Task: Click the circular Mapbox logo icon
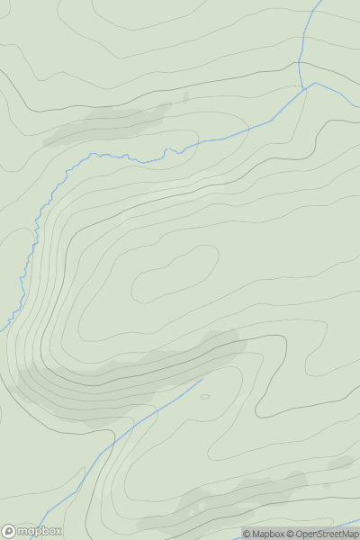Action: click(10, 531)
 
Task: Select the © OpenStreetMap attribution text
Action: click(322, 534)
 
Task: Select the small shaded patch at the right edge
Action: click(342, 463)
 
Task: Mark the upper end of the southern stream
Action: click(202, 379)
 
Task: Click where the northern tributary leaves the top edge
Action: click(320, 2)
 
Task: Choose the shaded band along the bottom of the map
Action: click(225, 504)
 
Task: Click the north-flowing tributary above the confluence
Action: click(302, 45)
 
